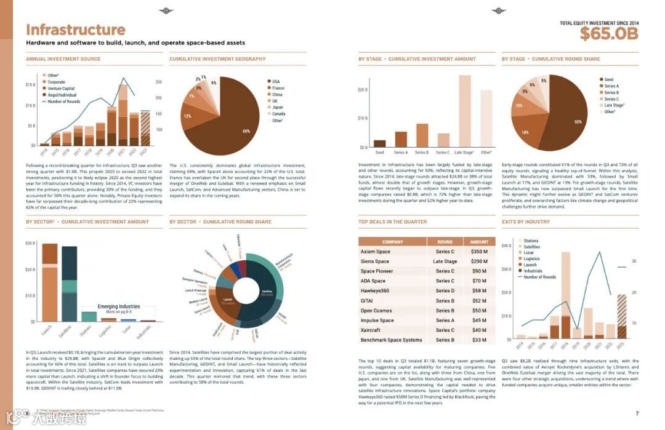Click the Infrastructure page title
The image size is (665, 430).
coord(75,30)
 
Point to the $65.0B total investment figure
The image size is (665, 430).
coord(608,34)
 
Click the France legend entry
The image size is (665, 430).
coord(278,88)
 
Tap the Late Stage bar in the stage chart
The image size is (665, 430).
coord(464,111)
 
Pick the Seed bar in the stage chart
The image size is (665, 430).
coord(379,143)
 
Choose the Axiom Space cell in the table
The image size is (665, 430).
coord(376,252)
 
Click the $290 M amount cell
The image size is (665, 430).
coord(478,261)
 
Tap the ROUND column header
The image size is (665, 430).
coord(445,242)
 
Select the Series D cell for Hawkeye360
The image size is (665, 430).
coord(445,291)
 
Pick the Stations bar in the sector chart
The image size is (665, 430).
coord(89,316)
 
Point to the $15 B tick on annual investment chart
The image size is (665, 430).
coord(30,85)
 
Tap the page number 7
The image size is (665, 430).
coord(637,413)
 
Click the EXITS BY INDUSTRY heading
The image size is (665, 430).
coord(525,221)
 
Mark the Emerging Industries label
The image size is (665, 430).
coord(118,306)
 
